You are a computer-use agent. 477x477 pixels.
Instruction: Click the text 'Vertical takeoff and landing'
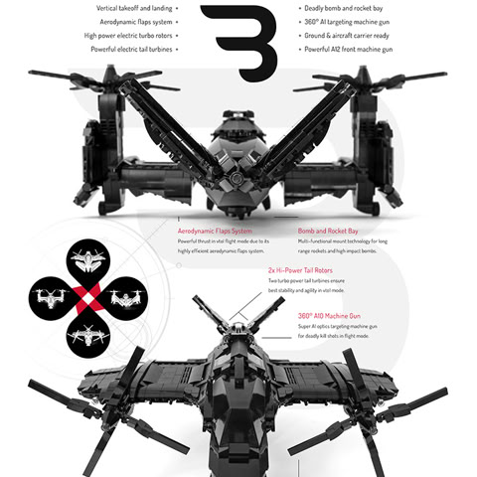tap(135, 7)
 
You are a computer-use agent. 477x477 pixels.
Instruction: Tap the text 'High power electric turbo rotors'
tap(128, 35)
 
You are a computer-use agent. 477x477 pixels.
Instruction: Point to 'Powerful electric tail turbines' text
tap(131, 49)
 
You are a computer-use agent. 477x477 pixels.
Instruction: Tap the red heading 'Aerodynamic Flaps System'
tap(215, 231)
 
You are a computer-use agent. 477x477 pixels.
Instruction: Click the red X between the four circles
tap(87, 296)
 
